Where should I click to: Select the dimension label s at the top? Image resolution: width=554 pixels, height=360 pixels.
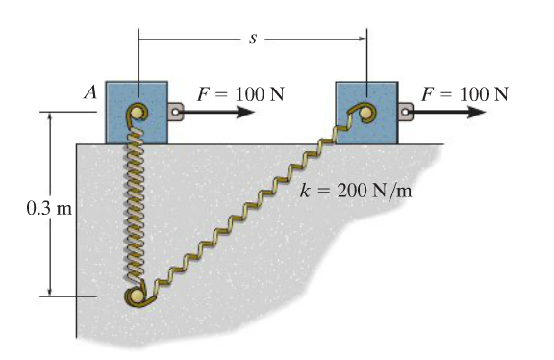pyautogui.click(x=251, y=39)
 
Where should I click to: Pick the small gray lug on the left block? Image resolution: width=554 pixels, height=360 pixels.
pyautogui.click(x=175, y=113)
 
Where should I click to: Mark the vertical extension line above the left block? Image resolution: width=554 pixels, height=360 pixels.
pyautogui.click(x=138, y=58)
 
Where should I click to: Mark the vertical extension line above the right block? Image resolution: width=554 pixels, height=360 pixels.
pyautogui.click(x=366, y=58)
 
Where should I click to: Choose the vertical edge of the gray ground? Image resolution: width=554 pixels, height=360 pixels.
pyautogui.click(x=76, y=241)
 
